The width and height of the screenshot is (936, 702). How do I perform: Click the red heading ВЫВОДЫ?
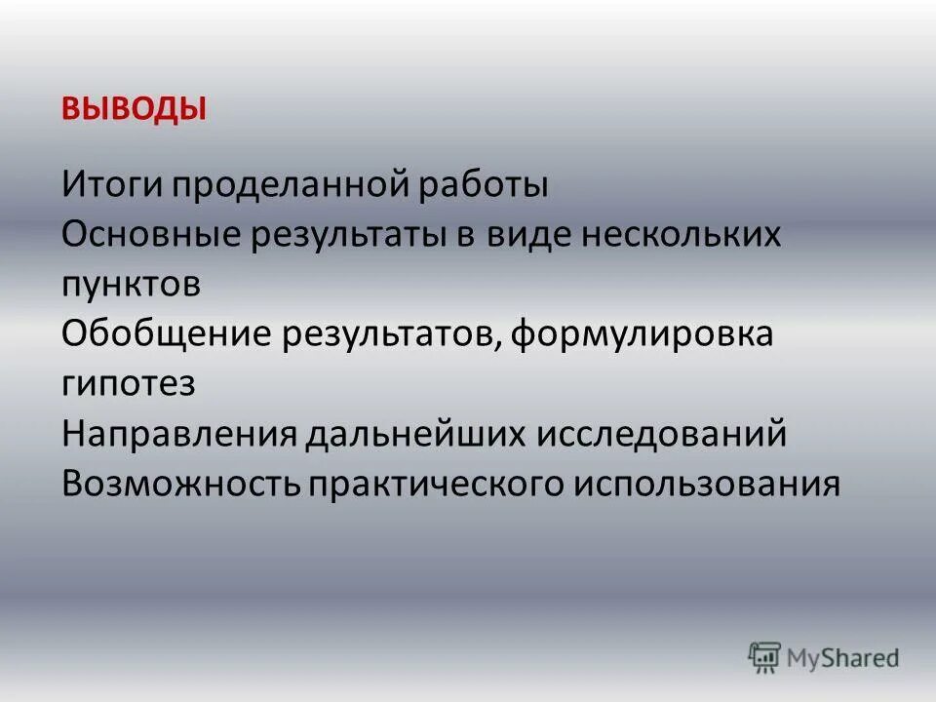click(x=135, y=108)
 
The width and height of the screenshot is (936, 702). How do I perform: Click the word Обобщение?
click(x=166, y=334)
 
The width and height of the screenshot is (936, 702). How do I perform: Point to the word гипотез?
click(x=128, y=384)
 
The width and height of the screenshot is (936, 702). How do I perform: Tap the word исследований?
click(x=660, y=433)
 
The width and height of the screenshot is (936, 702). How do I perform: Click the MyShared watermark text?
click(x=844, y=658)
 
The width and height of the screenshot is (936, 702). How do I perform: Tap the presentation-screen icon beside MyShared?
click(x=765, y=657)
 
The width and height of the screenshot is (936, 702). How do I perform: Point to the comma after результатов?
click(x=500, y=347)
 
